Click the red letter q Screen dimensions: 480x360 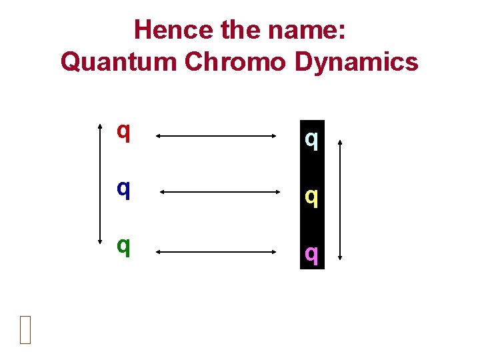pyautogui.click(x=123, y=131)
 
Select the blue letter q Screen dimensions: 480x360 pyautogui.click(x=123, y=189)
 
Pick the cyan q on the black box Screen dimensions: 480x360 pyautogui.click(x=311, y=139)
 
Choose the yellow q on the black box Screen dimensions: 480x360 pyautogui.click(x=311, y=196)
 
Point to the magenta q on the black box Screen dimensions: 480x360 pyautogui.click(x=311, y=253)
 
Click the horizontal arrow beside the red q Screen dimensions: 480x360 pyautogui.click(x=216, y=136)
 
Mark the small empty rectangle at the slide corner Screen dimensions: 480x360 pyautogui.click(x=25, y=329)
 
